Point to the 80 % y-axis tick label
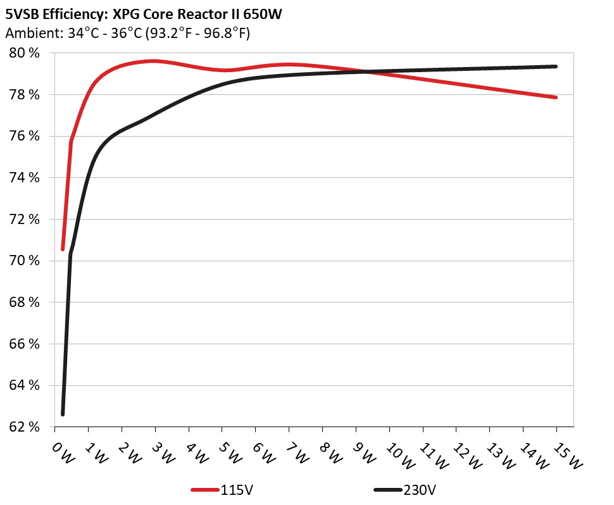(24, 53)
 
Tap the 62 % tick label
(24, 427)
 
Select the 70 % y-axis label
(24, 261)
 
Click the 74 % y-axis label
(24, 178)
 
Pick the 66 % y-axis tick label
(24, 344)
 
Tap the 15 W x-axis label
(565, 454)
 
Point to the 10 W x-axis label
(398, 454)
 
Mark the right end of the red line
(556, 97)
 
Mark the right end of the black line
(556, 66)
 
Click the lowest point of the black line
(63, 414)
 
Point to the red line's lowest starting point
(63, 249)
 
